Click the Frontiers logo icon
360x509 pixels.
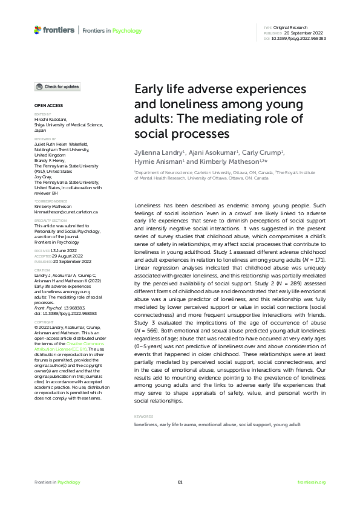(x=38, y=30)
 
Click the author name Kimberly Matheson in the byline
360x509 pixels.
(x=229, y=163)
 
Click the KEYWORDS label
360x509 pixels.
(x=143, y=417)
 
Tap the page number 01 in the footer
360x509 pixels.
(x=180, y=482)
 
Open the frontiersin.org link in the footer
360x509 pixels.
(x=312, y=482)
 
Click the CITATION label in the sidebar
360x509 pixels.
(x=42, y=270)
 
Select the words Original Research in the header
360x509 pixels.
(x=290, y=28)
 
